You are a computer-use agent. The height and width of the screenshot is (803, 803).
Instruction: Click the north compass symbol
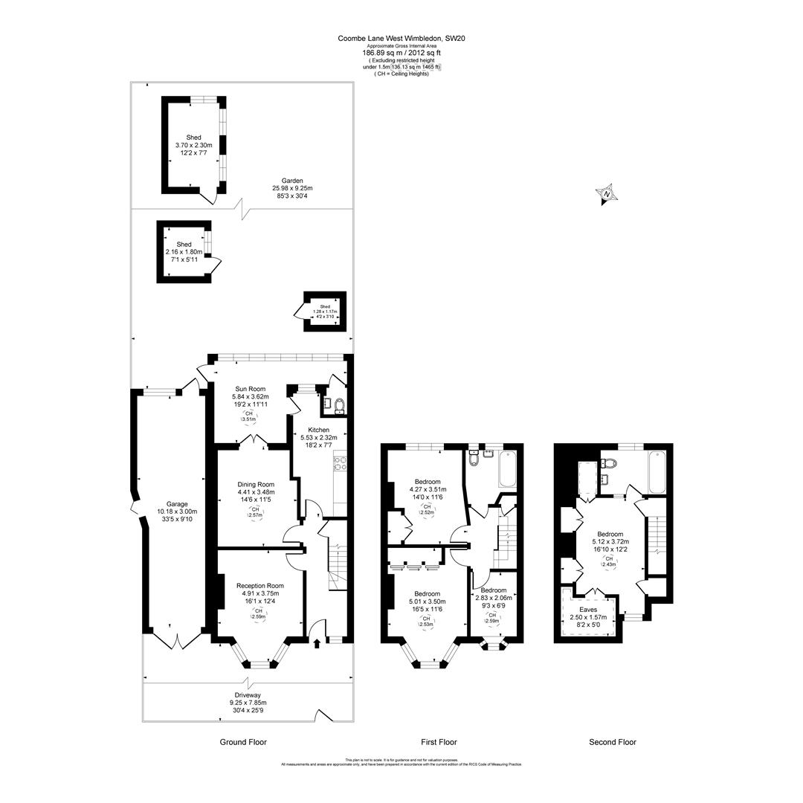click(x=607, y=194)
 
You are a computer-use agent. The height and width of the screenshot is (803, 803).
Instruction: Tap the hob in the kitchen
click(x=341, y=464)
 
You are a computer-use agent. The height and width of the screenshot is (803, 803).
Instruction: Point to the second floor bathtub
click(x=658, y=471)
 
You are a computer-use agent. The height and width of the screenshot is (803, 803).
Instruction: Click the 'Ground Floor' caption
click(x=243, y=742)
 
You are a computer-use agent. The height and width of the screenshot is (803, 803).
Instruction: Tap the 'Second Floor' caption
click(x=613, y=742)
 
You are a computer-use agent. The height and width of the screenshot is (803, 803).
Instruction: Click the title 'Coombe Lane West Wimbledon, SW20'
click(x=401, y=38)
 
